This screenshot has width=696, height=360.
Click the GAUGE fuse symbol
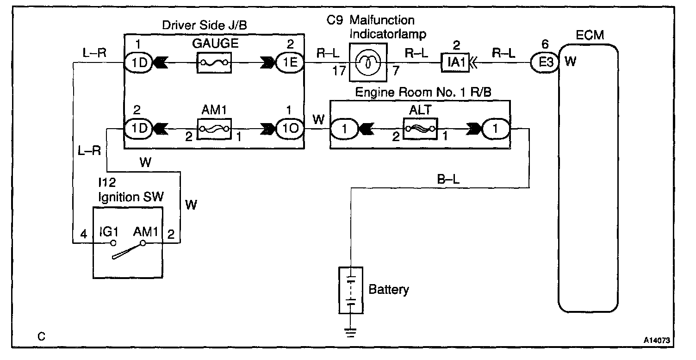pos(214,63)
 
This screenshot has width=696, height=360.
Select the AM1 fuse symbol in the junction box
pos(214,129)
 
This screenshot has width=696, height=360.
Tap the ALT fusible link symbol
pos(420,129)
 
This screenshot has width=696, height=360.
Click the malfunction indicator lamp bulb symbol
pos(368,62)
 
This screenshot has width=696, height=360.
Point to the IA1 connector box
pos(455,63)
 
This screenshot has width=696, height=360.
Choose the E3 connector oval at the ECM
pos(545,62)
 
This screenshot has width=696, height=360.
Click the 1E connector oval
pos(290,62)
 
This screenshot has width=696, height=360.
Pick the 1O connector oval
pos(290,128)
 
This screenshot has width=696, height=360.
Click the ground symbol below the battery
pos(350,332)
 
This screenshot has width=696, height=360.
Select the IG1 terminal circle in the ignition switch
pos(113,243)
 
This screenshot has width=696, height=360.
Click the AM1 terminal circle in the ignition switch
pos(143,243)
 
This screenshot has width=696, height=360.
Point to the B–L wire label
pos(448,179)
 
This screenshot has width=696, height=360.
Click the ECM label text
pos(590,35)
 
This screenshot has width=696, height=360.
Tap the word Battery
pos(389,290)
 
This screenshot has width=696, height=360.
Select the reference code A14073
pos(657,340)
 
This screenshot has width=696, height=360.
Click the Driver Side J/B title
pos(205,25)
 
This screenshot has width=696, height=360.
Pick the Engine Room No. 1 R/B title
pos(423,92)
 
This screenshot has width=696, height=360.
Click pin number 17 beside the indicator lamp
pos(339,71)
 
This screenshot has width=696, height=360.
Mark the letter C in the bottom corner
pos(41,336)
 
